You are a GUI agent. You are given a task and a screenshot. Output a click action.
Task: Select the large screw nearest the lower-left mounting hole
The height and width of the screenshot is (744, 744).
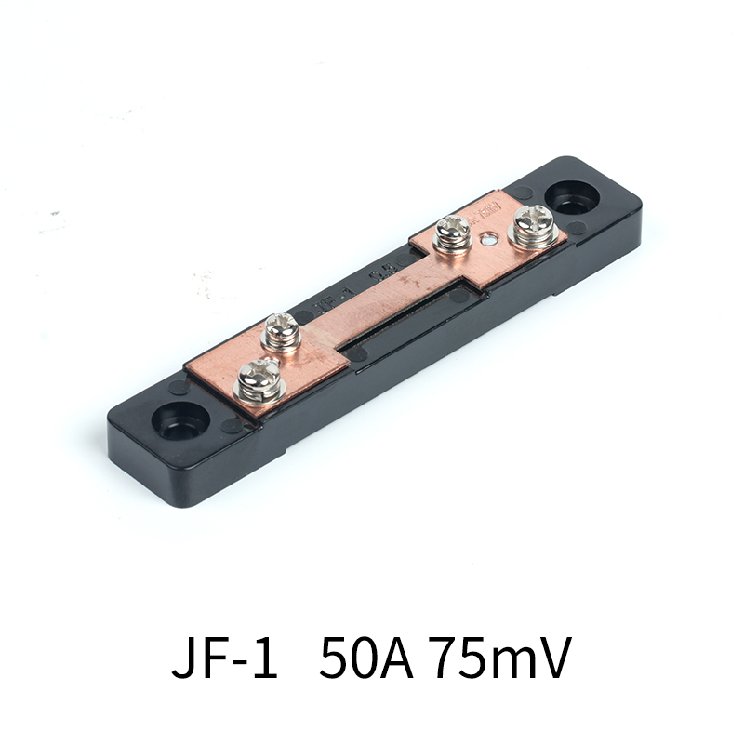(x=259, y=380)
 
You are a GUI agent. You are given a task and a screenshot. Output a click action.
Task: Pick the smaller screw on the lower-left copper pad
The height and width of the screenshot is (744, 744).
(x=281, y=330)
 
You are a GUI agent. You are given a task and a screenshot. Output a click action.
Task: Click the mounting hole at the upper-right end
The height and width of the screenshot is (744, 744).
(x=573, y=197)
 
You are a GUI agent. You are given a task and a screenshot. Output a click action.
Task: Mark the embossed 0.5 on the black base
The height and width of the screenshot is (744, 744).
(x=381, y=274)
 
